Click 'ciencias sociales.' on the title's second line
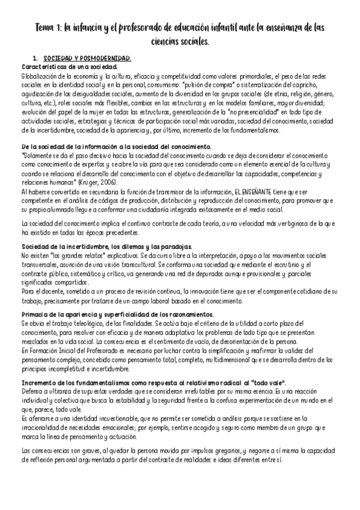click(180, 43)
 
